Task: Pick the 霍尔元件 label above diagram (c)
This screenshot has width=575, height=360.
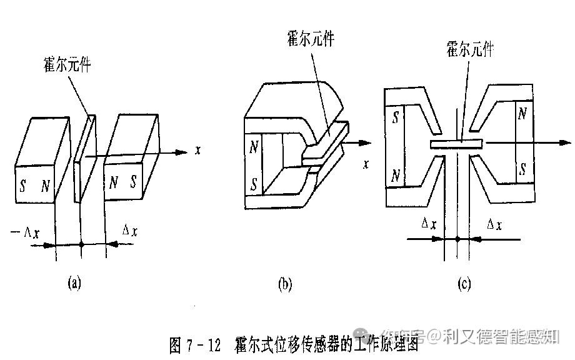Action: point(469,49)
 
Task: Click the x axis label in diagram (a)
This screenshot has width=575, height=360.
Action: point(197,151)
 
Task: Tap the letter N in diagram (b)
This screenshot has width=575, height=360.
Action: point(254,148)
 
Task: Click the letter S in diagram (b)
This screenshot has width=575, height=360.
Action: point(254,184)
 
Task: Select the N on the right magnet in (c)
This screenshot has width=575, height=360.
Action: point(522,113)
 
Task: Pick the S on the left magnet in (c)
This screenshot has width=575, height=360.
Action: point(395,117)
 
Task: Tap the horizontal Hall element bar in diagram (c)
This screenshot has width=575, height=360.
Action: point(457,144)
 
